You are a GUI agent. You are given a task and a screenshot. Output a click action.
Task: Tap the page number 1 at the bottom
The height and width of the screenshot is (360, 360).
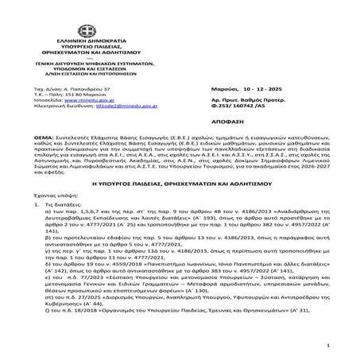[x=337, y=346]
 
